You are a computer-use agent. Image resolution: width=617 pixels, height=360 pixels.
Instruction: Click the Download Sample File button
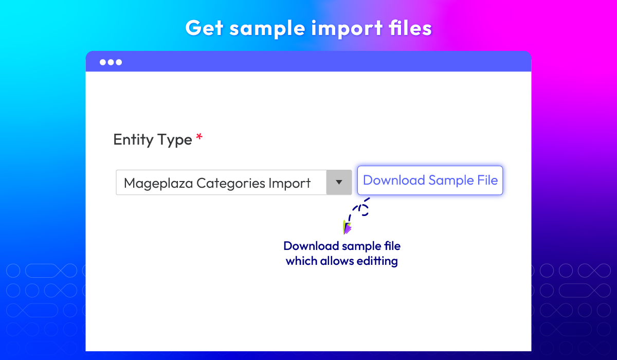click(430, 181)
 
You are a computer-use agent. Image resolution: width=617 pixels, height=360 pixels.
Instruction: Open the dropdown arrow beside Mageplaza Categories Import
click(339, 183)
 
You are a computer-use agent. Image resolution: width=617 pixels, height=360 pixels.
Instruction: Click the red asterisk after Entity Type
click(199, 137)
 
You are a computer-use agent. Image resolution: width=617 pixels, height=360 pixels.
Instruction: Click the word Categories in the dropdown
click(231, 184)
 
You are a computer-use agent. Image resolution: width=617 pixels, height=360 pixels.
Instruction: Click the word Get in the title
click(205, 28)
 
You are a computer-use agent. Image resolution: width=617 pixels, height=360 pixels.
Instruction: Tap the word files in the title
click(410, 28)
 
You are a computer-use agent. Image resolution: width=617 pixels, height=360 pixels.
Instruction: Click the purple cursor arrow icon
click(347, 227)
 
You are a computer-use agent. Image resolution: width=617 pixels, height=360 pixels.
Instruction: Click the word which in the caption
click(301, 261)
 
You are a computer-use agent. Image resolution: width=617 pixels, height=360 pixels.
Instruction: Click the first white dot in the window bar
click(103, 62)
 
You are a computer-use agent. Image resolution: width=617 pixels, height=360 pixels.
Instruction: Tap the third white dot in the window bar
click(119, 62)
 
